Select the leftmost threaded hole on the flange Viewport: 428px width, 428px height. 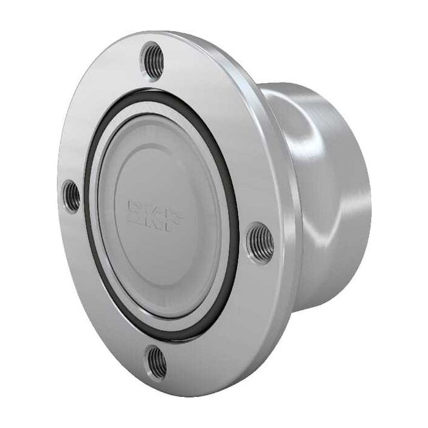[x=72, y=196]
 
